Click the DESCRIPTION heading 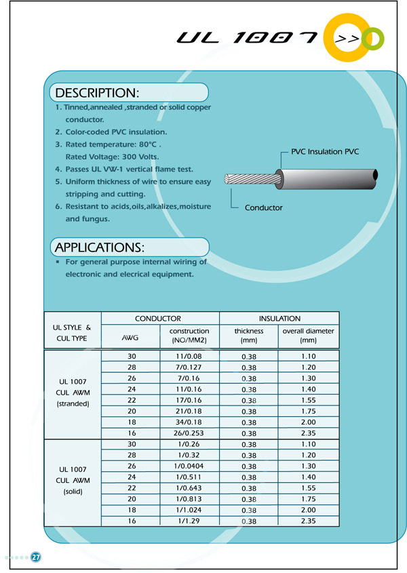[x=97, y=92]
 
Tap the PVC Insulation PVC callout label [x=325, y=152]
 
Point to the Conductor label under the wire [x=263, y=208]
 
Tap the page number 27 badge [x=36, y=557]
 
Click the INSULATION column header [x=279, y=318]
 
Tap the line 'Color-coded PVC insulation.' [x=115, y=132]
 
